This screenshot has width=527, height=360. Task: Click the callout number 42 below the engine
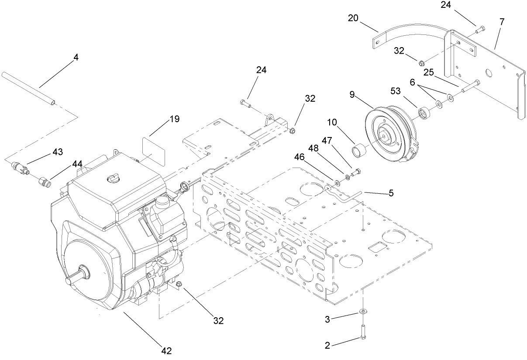tap(166, 350)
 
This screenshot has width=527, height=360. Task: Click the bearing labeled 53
tap(424, 114)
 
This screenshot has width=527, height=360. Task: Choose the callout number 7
tap(502, 22)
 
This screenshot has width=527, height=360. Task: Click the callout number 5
tap(391, 193)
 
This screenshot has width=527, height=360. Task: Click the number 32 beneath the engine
tap(218, 321)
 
